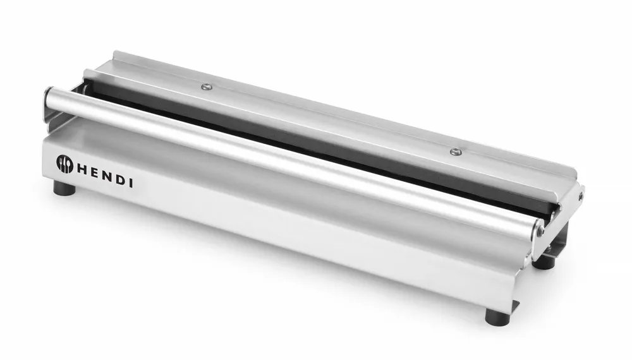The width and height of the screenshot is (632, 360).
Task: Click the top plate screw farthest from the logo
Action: pos(455,152)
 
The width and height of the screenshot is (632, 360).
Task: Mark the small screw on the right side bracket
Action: pos(580,196)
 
